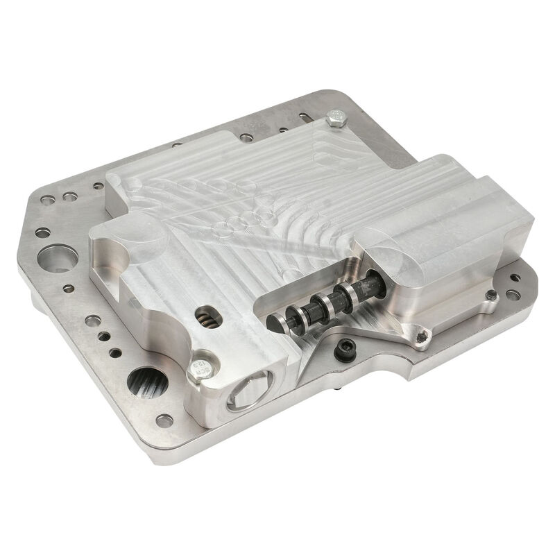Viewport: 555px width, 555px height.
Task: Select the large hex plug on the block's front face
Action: click(244, 396)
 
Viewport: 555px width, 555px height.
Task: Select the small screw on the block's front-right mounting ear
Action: click(421, 338)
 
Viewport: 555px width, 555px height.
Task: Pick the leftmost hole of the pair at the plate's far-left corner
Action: click(45, 200)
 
